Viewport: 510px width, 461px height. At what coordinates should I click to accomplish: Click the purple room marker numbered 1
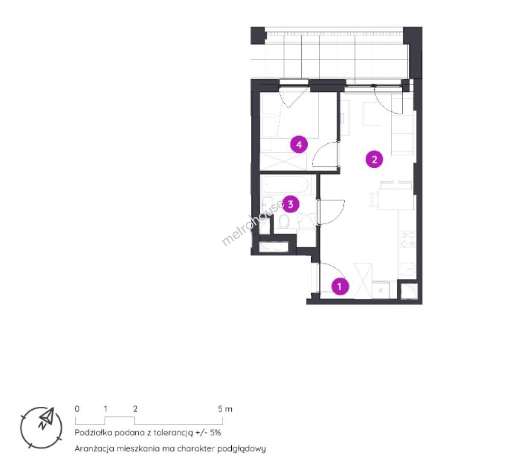pos(340,286)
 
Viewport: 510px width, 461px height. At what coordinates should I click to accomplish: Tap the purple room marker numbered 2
pos(374,159)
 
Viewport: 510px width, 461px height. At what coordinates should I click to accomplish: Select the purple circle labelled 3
pos(290,204)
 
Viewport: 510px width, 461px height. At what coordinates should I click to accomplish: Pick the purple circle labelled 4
pos(299,144)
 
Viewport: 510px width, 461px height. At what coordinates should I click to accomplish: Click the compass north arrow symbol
pos(46,418)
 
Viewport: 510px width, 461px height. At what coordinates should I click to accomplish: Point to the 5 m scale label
pos(225,408)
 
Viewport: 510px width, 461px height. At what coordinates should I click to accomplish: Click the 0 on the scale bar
pos(77,408)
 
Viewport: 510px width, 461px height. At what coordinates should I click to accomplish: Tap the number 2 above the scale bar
pos(136,408)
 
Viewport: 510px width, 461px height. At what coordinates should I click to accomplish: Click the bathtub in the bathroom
pos(284,186)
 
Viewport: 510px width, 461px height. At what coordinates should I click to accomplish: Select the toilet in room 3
pos(283,221)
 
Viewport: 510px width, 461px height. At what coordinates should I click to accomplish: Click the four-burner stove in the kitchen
pos(408,239)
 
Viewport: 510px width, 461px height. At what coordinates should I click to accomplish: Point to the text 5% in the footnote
pos(215,433)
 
